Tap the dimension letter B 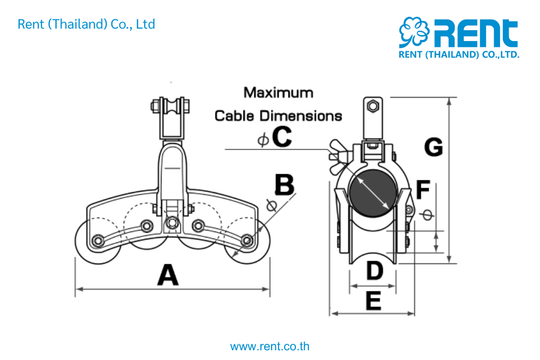point(285,185)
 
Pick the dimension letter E point(373,301)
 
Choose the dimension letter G point(433,147)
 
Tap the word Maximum point(278,92)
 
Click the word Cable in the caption point(235,116)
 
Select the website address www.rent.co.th point(270,347)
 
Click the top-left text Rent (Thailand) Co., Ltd point(86,24)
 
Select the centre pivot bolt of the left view point(172,222)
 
